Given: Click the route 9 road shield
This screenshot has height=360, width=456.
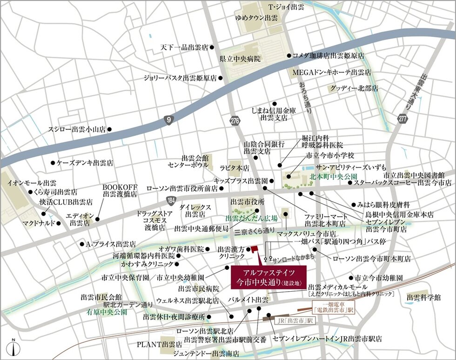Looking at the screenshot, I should (x=168, y=120).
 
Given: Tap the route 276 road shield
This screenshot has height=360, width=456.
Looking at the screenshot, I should (x=235, y=121).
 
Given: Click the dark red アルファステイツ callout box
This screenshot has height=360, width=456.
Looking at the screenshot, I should (x=262, y=277).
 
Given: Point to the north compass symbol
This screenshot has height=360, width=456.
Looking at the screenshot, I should (x=14, y=347).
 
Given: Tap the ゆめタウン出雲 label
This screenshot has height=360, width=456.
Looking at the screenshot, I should (x=256, y=18).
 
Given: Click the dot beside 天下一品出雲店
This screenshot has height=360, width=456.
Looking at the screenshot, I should (x=212, y=47).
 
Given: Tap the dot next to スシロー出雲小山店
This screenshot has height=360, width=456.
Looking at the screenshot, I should (x=109, y=130).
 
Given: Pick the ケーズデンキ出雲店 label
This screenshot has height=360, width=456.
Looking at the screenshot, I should (x=85, y=163).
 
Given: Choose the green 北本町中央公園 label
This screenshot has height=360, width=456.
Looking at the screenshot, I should (x=333, y=177).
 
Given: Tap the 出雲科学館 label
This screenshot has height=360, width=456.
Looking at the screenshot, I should (x=423, y=297).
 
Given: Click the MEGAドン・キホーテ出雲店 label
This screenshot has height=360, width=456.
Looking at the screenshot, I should (x=331, y=73).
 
